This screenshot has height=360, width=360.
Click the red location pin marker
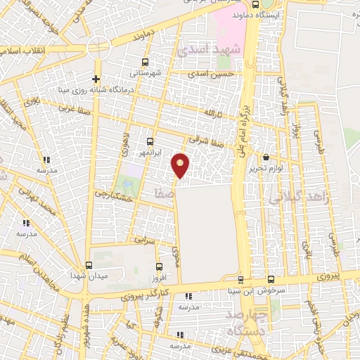click(x=181, y=165)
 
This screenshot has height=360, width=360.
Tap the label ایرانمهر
click(x=148, y=152)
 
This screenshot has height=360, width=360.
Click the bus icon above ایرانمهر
click(x=149, y=141)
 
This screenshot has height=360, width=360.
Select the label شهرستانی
click(x=146, y=72)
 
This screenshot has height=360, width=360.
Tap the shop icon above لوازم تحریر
click(x=266, y=157)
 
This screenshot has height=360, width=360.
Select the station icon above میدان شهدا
click(x=89, y=265)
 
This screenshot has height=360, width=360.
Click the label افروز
click(x=159, y=277)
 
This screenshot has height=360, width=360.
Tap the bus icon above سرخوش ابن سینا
click(x=240, y=279)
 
